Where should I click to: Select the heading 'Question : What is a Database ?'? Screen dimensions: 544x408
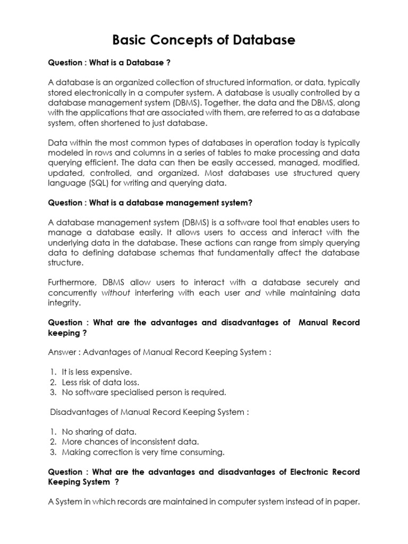pyautogui.click(x=109, y=63)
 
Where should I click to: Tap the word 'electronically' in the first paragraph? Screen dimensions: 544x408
pyautogui.click(x=96, y=92)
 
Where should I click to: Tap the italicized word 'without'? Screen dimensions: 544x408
pyautogui.click(x=116, y=293)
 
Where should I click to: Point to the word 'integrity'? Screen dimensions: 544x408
pyautogui.click(x=64, y=303)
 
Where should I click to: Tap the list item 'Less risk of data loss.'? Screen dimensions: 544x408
pyautogui.click(x=101, y=382)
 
